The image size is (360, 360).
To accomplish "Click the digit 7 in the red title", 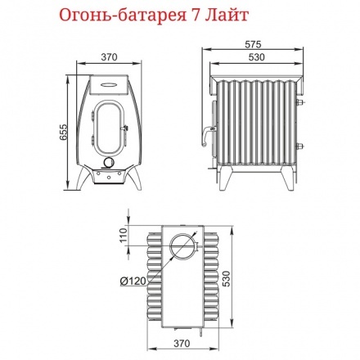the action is (x=192, y=15).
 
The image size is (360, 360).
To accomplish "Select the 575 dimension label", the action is (x=253, y=44).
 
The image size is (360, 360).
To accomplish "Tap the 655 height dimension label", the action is (x=63, y=133).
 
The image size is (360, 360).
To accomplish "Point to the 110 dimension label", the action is (x=124, y=235).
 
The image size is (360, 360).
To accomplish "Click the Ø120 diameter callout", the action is (x=133, y=281).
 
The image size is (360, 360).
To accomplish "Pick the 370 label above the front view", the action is (x=109, y=57).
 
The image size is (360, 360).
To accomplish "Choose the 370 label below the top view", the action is (x=182, y=343).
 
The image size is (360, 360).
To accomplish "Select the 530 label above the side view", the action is (x=257, y=57).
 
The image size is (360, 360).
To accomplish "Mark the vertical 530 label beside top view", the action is (x=227, y=278).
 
